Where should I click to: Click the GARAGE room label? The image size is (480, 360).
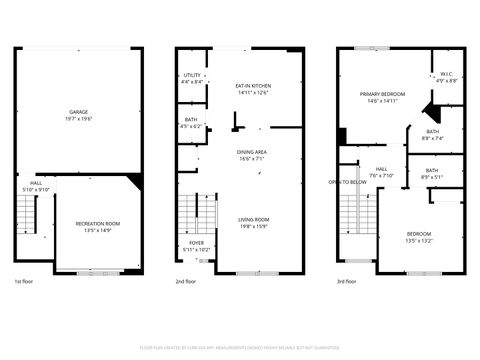[x=76, y=111]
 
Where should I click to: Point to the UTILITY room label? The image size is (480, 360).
[x=192, y=75]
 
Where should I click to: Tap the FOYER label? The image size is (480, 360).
[x=196, y=242]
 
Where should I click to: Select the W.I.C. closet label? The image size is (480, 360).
[x=447, y=74]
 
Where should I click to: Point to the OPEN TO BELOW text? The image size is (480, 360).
[x=347, y=182]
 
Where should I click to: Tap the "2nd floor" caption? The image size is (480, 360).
[x=186, y=283]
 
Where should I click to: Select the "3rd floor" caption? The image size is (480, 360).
[x=348, y=283]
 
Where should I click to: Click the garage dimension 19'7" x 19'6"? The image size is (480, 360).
[x=76, y=118]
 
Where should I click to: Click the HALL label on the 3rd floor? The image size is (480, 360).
[x=381, y=169]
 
